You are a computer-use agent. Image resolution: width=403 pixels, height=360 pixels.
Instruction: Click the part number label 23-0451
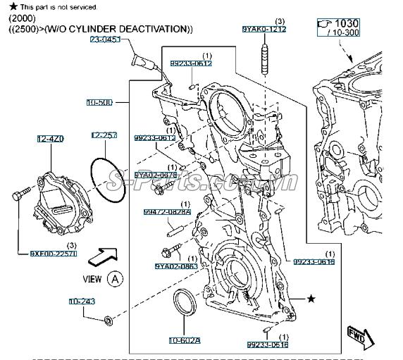click(105, 40)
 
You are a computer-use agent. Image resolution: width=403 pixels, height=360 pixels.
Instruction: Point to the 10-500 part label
click(99, 102)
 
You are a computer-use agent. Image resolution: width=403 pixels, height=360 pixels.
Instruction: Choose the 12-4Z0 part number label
click(51, 140)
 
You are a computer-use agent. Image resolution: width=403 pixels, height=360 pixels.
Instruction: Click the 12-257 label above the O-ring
click(104, 134)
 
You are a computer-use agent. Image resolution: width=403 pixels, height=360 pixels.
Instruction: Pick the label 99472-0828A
click(167, 211)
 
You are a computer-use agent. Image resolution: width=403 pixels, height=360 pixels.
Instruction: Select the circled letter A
click(116, 278)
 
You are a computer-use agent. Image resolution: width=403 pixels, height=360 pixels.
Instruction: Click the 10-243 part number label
click(82, 301)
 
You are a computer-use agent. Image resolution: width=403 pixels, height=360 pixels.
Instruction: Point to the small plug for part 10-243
click(108, 321)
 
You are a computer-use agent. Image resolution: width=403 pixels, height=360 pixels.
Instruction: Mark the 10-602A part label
click(184, 340)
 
